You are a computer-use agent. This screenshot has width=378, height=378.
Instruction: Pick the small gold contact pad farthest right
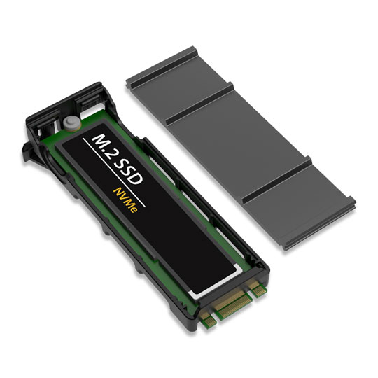(260, 286)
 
